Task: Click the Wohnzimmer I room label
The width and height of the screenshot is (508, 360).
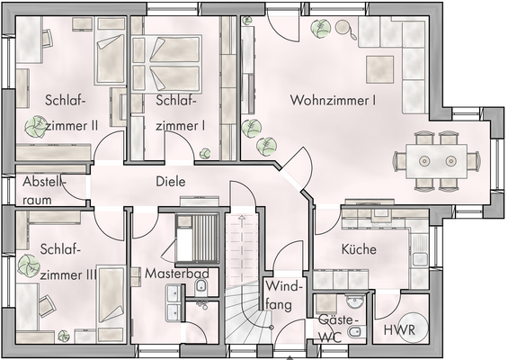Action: [x=333, y=101]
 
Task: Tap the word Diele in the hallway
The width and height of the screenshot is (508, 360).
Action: [x=170, y=181]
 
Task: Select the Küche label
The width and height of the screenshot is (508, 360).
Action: [x=359, y=249]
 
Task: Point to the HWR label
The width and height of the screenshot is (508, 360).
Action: [x=399, y=331]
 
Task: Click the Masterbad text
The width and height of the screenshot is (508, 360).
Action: [x=177, y=272]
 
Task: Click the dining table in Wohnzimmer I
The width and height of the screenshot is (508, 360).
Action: [x=435, y=161]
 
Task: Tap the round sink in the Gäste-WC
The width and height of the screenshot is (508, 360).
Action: [x=355, y=302]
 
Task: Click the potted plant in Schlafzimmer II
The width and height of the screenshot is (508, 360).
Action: [x=35, y=125]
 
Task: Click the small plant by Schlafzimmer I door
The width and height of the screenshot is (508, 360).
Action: [x=205, y=152]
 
